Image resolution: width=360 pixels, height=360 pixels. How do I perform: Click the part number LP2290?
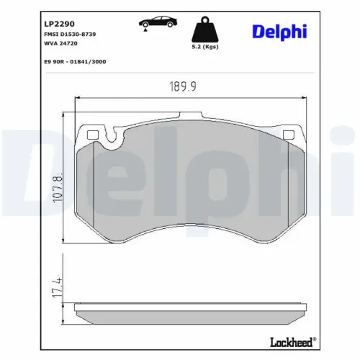pyautogui.click(x=59, y=24)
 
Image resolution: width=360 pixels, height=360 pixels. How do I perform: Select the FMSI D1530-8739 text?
pyautogui.click(x=70, y=35)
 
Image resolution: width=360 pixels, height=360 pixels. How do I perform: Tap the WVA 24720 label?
pyautogui.click(x=60, y=43)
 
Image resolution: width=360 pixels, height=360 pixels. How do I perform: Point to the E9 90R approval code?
pyautogui.click(x=75, y=62)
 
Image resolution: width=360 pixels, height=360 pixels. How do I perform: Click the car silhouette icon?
pyautogui.click(x=158, y=22)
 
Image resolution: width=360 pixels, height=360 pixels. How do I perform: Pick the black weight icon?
pyautogui.click(x=204, y=30)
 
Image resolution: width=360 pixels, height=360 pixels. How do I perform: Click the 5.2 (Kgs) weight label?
pyautogui.click(x=205, y=47)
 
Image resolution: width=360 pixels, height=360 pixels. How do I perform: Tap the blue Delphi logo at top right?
pyautogui.click(x=279, y=32)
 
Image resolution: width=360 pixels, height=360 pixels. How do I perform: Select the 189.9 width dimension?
pyautogui.click(x=183, y=86)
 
